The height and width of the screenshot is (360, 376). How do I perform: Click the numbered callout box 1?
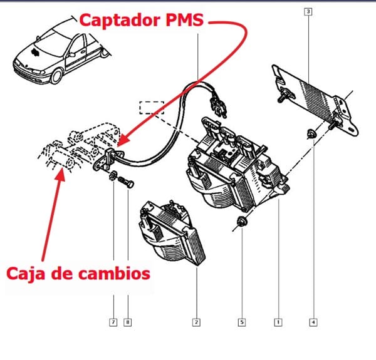click(278, 322)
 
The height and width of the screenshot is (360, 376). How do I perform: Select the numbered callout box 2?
click(196, 322)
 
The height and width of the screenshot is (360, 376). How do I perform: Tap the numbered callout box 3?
click(308, 11)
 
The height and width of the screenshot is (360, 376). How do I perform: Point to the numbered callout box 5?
click(241, 322)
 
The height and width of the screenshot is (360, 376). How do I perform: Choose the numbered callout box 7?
click(113, 322)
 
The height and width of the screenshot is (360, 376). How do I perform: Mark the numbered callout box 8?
click(128, 322)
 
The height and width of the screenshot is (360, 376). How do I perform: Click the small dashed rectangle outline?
click(152, 106)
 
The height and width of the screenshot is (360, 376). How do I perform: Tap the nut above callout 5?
click(241, 222)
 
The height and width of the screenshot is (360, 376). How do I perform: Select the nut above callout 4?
click(311, 133)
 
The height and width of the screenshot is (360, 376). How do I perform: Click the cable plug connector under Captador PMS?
click(219, 103)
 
